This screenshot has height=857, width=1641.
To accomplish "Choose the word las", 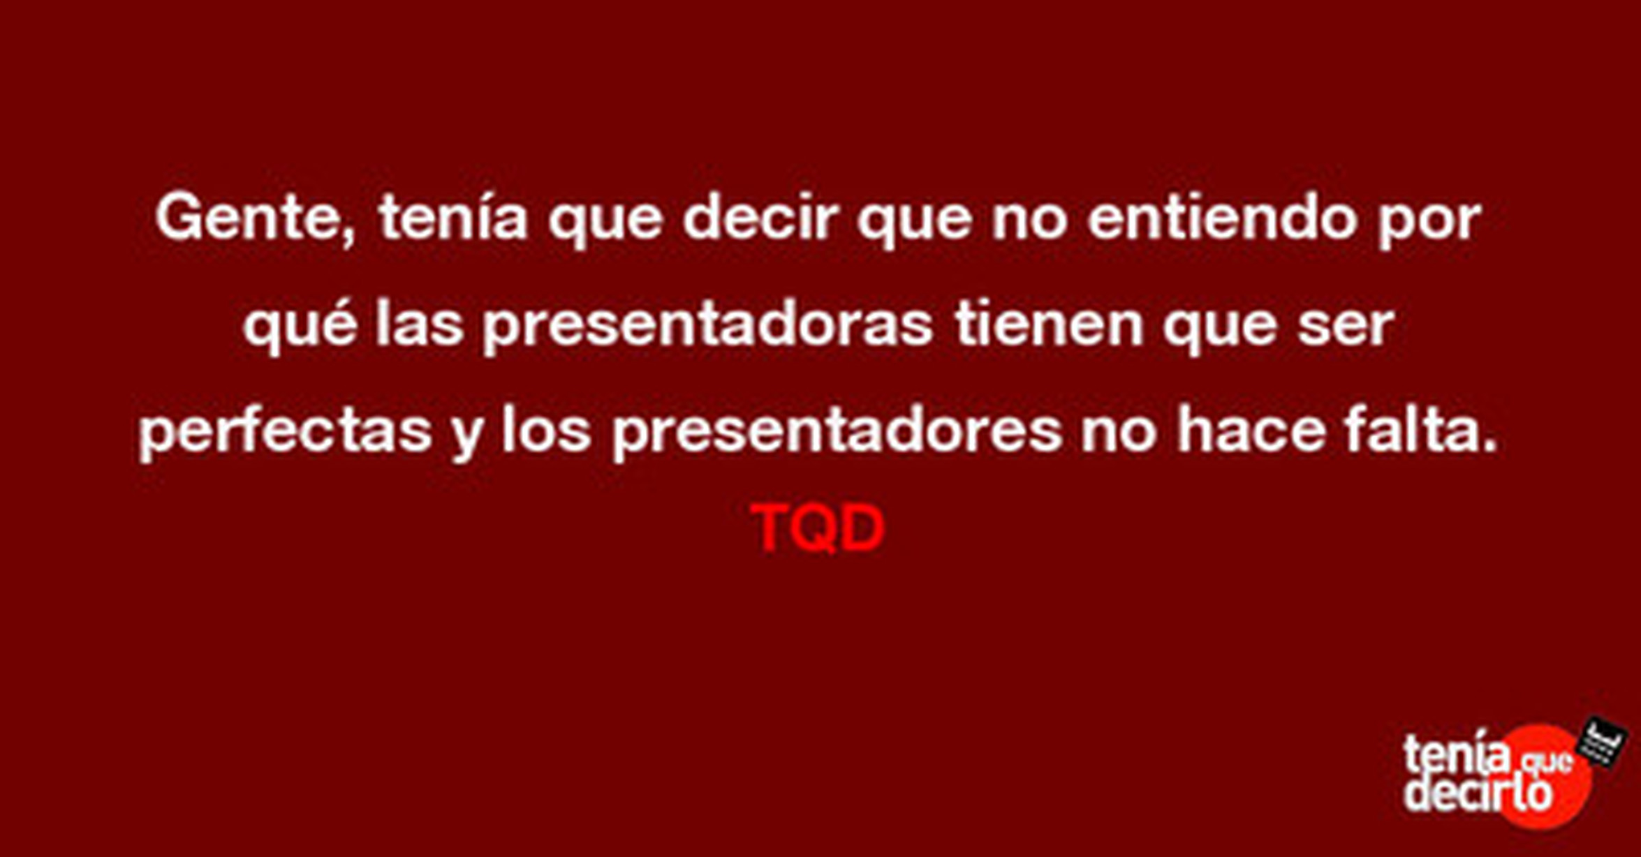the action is pyautogui.click(x=420, y=324).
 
